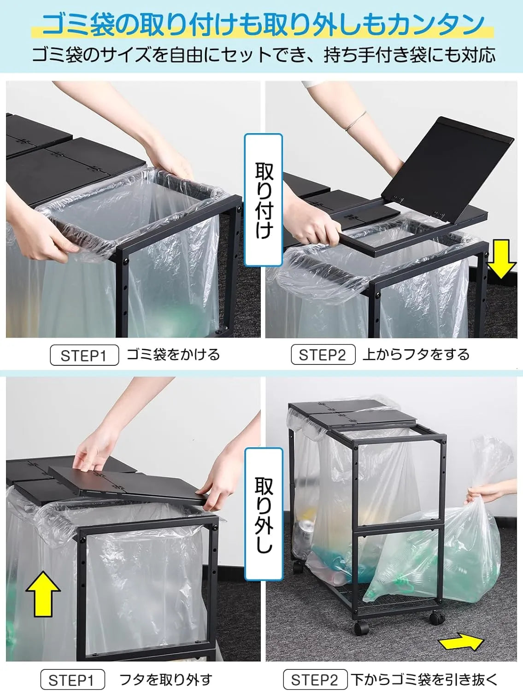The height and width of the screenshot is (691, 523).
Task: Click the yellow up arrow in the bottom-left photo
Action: point(43,593)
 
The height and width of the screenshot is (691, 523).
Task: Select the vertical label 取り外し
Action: point(264,514)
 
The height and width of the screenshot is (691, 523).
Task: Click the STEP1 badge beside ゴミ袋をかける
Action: point(84,356)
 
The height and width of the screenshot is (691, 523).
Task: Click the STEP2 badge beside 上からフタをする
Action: point(323,355)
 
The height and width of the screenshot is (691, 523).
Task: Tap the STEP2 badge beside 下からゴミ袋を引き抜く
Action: point(315,680)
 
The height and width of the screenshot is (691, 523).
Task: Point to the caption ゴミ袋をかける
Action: point(173,355)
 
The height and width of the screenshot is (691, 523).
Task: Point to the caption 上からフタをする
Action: point(416,355)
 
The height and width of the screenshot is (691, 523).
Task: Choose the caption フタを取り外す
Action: point(165,680)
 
